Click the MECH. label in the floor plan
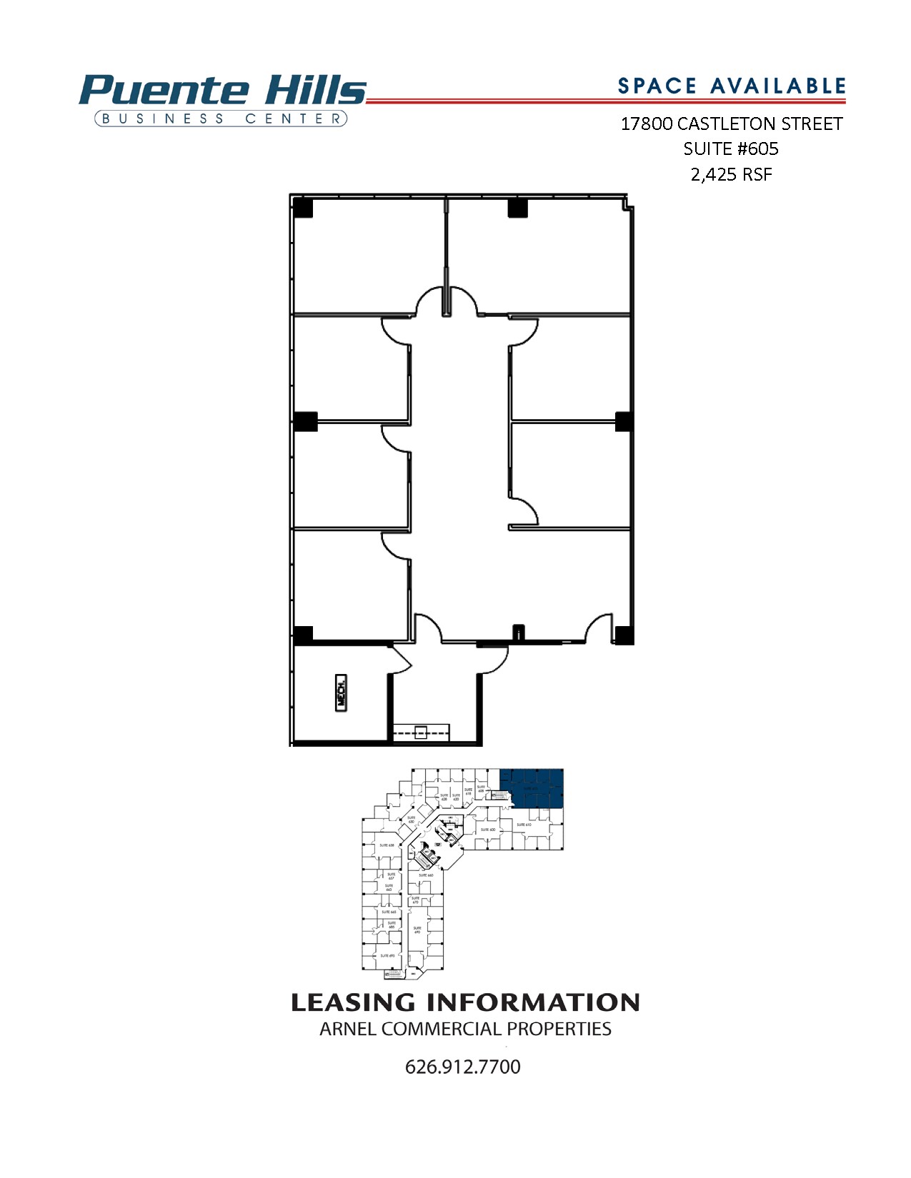(342, 692)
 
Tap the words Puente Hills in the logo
(223, 91)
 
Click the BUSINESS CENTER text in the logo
(221, 119)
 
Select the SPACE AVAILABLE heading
(731, 86)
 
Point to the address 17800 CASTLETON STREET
(731, 124)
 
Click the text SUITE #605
(731, 148)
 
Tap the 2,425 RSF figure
(731, 174)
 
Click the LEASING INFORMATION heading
(464, 1002)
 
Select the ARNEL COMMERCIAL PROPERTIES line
(464, 1029)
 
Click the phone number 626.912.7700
(462, 1067)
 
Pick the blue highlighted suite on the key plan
(532, 788)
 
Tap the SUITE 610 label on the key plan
(524, 825)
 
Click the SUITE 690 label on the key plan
(417, 930)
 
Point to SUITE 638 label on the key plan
(387, 845)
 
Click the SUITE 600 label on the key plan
(488, 830)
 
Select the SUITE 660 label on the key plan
(426, 875)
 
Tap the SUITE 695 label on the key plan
(387, 955)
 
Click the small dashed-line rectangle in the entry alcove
(421, 732)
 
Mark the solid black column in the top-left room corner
(303, 208)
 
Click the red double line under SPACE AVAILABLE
(607, 101)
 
